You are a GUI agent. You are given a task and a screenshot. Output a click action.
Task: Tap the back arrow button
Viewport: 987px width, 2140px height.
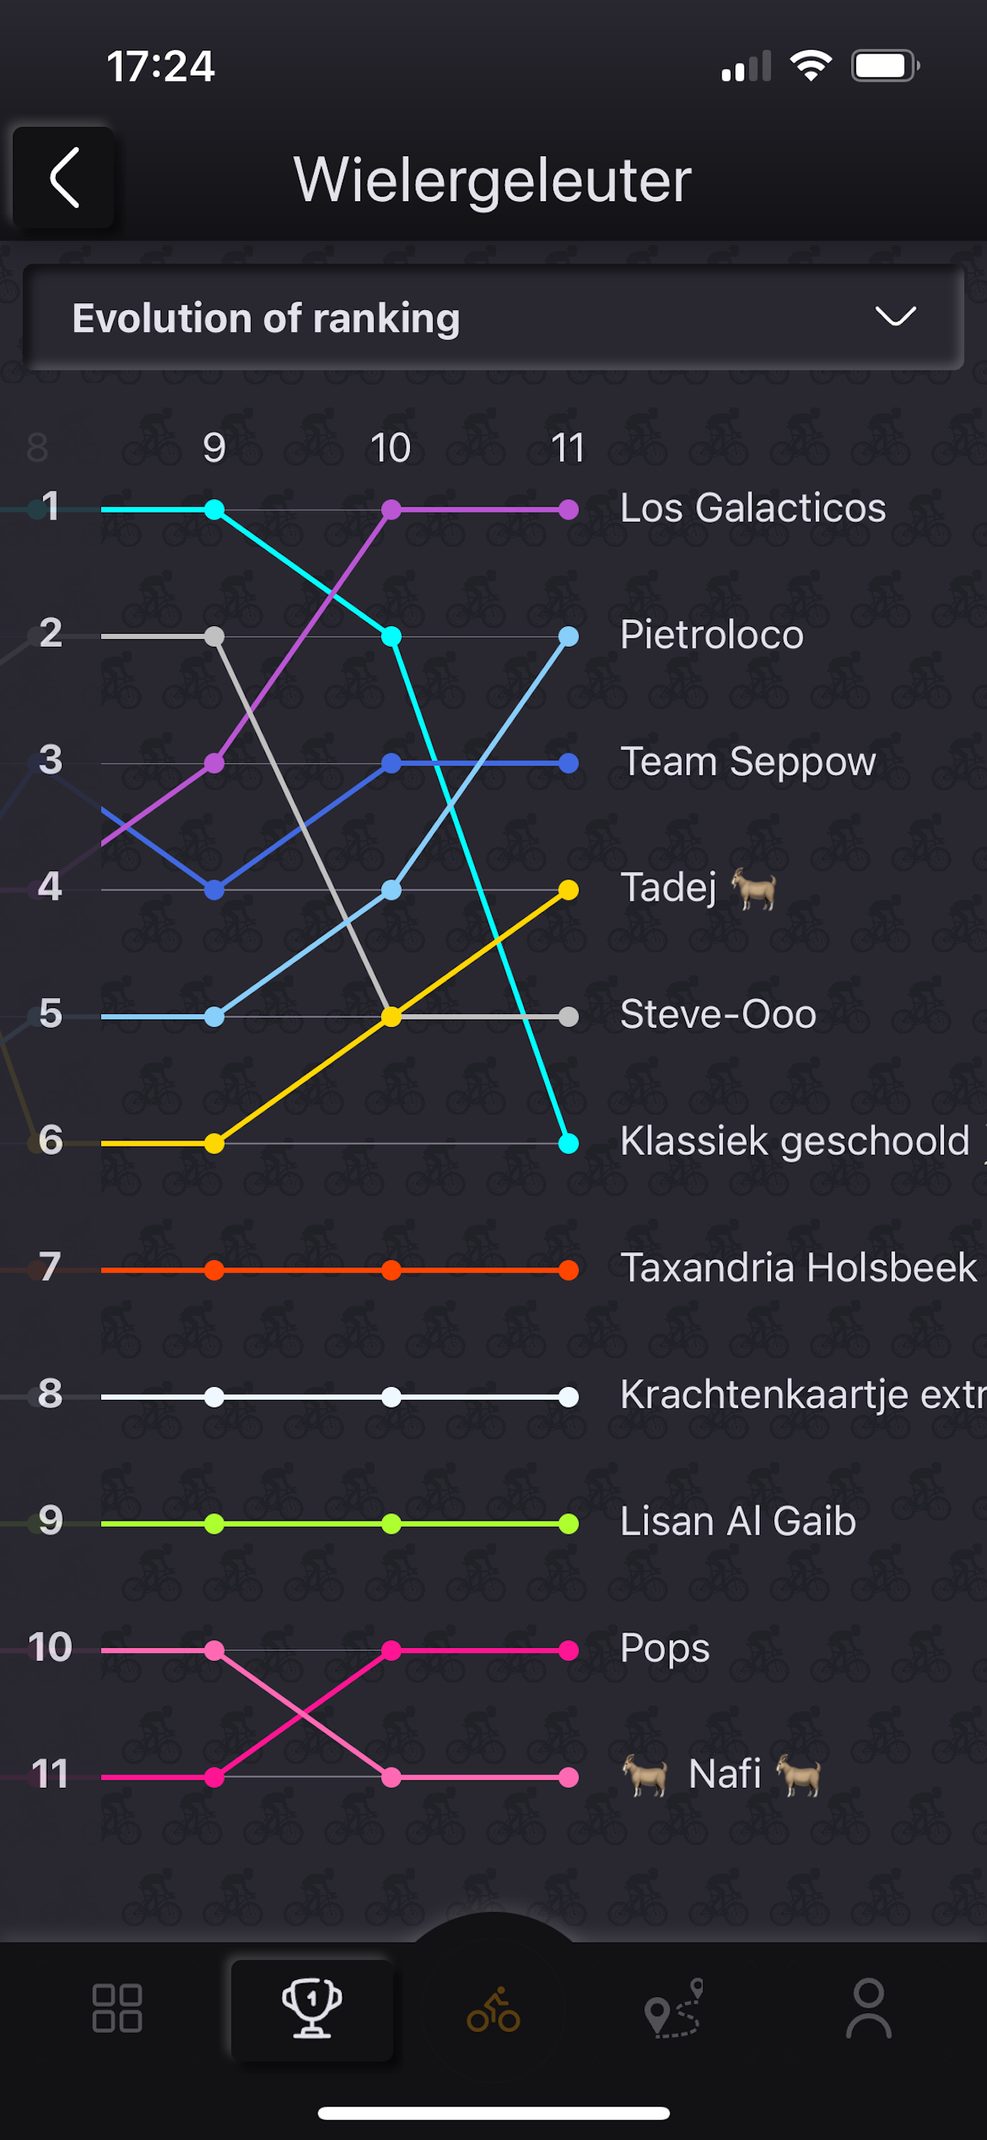click(x=64, y=178)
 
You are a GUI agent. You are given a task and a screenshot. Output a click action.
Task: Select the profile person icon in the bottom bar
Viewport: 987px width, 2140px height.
click(x=868, y=2009)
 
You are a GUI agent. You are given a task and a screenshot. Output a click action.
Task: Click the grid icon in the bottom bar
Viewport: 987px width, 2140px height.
click(x=117, y=2009)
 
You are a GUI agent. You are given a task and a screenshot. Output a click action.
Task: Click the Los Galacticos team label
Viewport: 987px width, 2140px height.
click(x=753, y=507)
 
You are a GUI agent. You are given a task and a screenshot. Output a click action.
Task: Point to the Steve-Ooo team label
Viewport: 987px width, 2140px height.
click(x=718, y=1014)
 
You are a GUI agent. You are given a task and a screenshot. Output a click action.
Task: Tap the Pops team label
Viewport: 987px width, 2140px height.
click(x=665, y=1648)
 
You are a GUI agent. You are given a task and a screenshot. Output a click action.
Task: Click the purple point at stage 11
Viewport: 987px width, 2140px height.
click(x=568, y=509)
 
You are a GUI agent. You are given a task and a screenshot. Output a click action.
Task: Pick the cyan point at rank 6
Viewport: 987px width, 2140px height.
click(x=568, y=1143)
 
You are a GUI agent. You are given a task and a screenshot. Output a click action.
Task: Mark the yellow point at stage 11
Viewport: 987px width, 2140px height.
click(x=568, y=889)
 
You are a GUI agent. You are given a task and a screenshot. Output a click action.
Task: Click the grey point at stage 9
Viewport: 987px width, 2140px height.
click(x=214, y=636)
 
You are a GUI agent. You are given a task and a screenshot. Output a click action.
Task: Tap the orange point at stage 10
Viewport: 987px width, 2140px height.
click(x=391, y=1271)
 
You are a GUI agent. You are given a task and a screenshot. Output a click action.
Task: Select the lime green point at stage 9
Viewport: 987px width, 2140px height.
click(x=214, y=1524)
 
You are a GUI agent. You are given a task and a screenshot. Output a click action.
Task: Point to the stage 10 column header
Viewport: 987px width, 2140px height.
click(x=390, y=449)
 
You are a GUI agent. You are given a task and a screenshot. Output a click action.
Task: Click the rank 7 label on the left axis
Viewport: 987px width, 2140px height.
click(x=50, y=1267)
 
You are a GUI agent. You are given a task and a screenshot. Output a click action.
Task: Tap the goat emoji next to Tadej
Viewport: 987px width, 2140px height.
click(x=754, y=889)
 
